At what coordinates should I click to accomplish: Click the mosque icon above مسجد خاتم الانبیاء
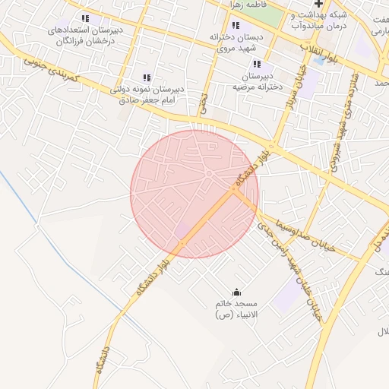click(236, 293)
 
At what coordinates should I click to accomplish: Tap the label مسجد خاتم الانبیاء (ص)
click(236, 308)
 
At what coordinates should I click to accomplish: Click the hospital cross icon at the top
click(318, 3)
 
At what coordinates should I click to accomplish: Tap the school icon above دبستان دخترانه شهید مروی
click(236, 26)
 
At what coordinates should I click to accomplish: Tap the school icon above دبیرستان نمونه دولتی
click(147, 77)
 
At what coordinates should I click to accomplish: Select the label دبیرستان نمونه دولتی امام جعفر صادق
click(147, 94)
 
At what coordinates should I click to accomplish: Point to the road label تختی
click(202, 104)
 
